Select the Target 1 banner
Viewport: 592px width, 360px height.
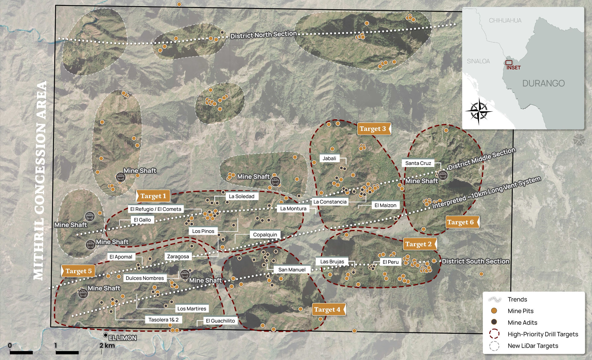coord(153,196)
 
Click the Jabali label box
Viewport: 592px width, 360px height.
coord(329,158)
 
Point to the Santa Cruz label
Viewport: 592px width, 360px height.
coord(418,163)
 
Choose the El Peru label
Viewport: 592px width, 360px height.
coord(390,262)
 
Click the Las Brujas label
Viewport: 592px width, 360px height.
coord(332,262)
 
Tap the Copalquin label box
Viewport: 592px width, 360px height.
coord(265,235)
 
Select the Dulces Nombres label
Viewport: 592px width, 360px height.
coord(145,278)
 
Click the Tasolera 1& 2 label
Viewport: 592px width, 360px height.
coord(163,320)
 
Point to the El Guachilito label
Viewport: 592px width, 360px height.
coord(220,321)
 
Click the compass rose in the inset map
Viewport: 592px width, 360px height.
coord(479,111)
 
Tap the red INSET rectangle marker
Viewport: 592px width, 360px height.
coord(509,63)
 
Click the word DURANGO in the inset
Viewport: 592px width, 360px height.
coord(543,83)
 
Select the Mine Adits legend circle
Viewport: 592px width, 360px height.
coord(494,322)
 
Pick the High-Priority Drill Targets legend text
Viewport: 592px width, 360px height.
coord(543,334)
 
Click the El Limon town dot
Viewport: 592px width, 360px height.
coord(106,335)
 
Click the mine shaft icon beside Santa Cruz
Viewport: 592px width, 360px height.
coord(443,175)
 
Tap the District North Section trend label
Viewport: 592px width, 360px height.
coord(264,35)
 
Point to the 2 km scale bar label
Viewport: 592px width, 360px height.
coord(107,346)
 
